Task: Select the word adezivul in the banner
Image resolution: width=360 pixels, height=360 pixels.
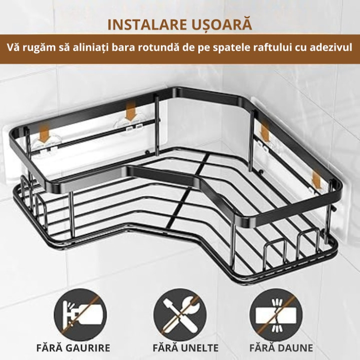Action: pyautogui.click(x=330, y=48)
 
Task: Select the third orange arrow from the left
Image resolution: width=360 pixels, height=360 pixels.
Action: pyautogui.click(x=264, y=131)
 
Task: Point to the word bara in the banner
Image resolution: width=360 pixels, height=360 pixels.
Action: pyautogui.click(x=125, y=48)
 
